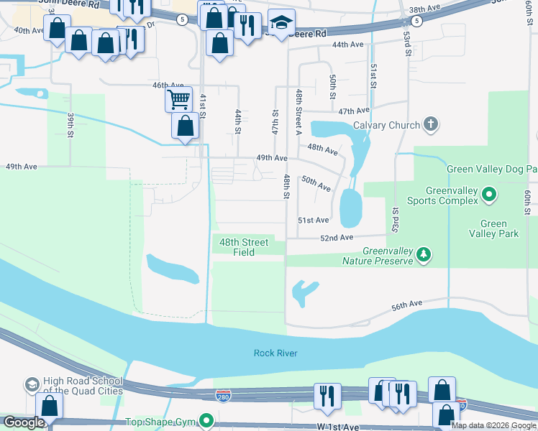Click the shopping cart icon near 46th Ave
pyautogui.click(x=178, y=98)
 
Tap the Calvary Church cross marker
pyautogui.click(x=431, y=125)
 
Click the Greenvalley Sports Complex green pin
pyautogui.click(x=489, y=194)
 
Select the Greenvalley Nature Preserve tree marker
pyautogui.click(x=424, y=254)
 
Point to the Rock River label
pyautogui.click(x=275, y=353)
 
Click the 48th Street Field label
pyautogui.click(x=244, y=247)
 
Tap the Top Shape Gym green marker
pyautogui.click(x=207, y=420)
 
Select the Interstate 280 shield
pyautogui.click(x=223, y=396)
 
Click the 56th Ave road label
pyautogui.click(x=407, y=305)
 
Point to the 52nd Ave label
pyautogui.click(x=337, y=238)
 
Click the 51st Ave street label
pyautogui.click(x=314, y=221)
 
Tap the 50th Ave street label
pyautogui.click(x=316, y=183)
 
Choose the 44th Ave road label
pyautogui.click(x=348, y=45)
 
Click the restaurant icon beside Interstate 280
pyautogui.click(x=327, y=396)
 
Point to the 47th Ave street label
pyautogui.click(x=354, y=111)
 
